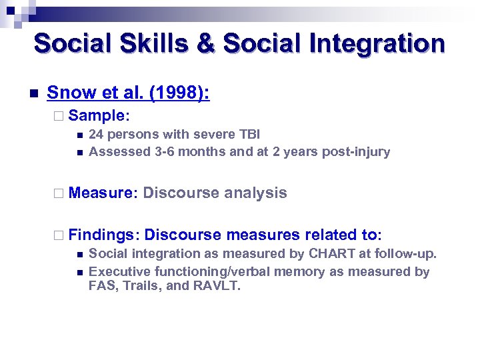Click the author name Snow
pos(67,93)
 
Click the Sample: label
pos(97,115)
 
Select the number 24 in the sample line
pos(96,134)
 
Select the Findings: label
pos(104,235)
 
